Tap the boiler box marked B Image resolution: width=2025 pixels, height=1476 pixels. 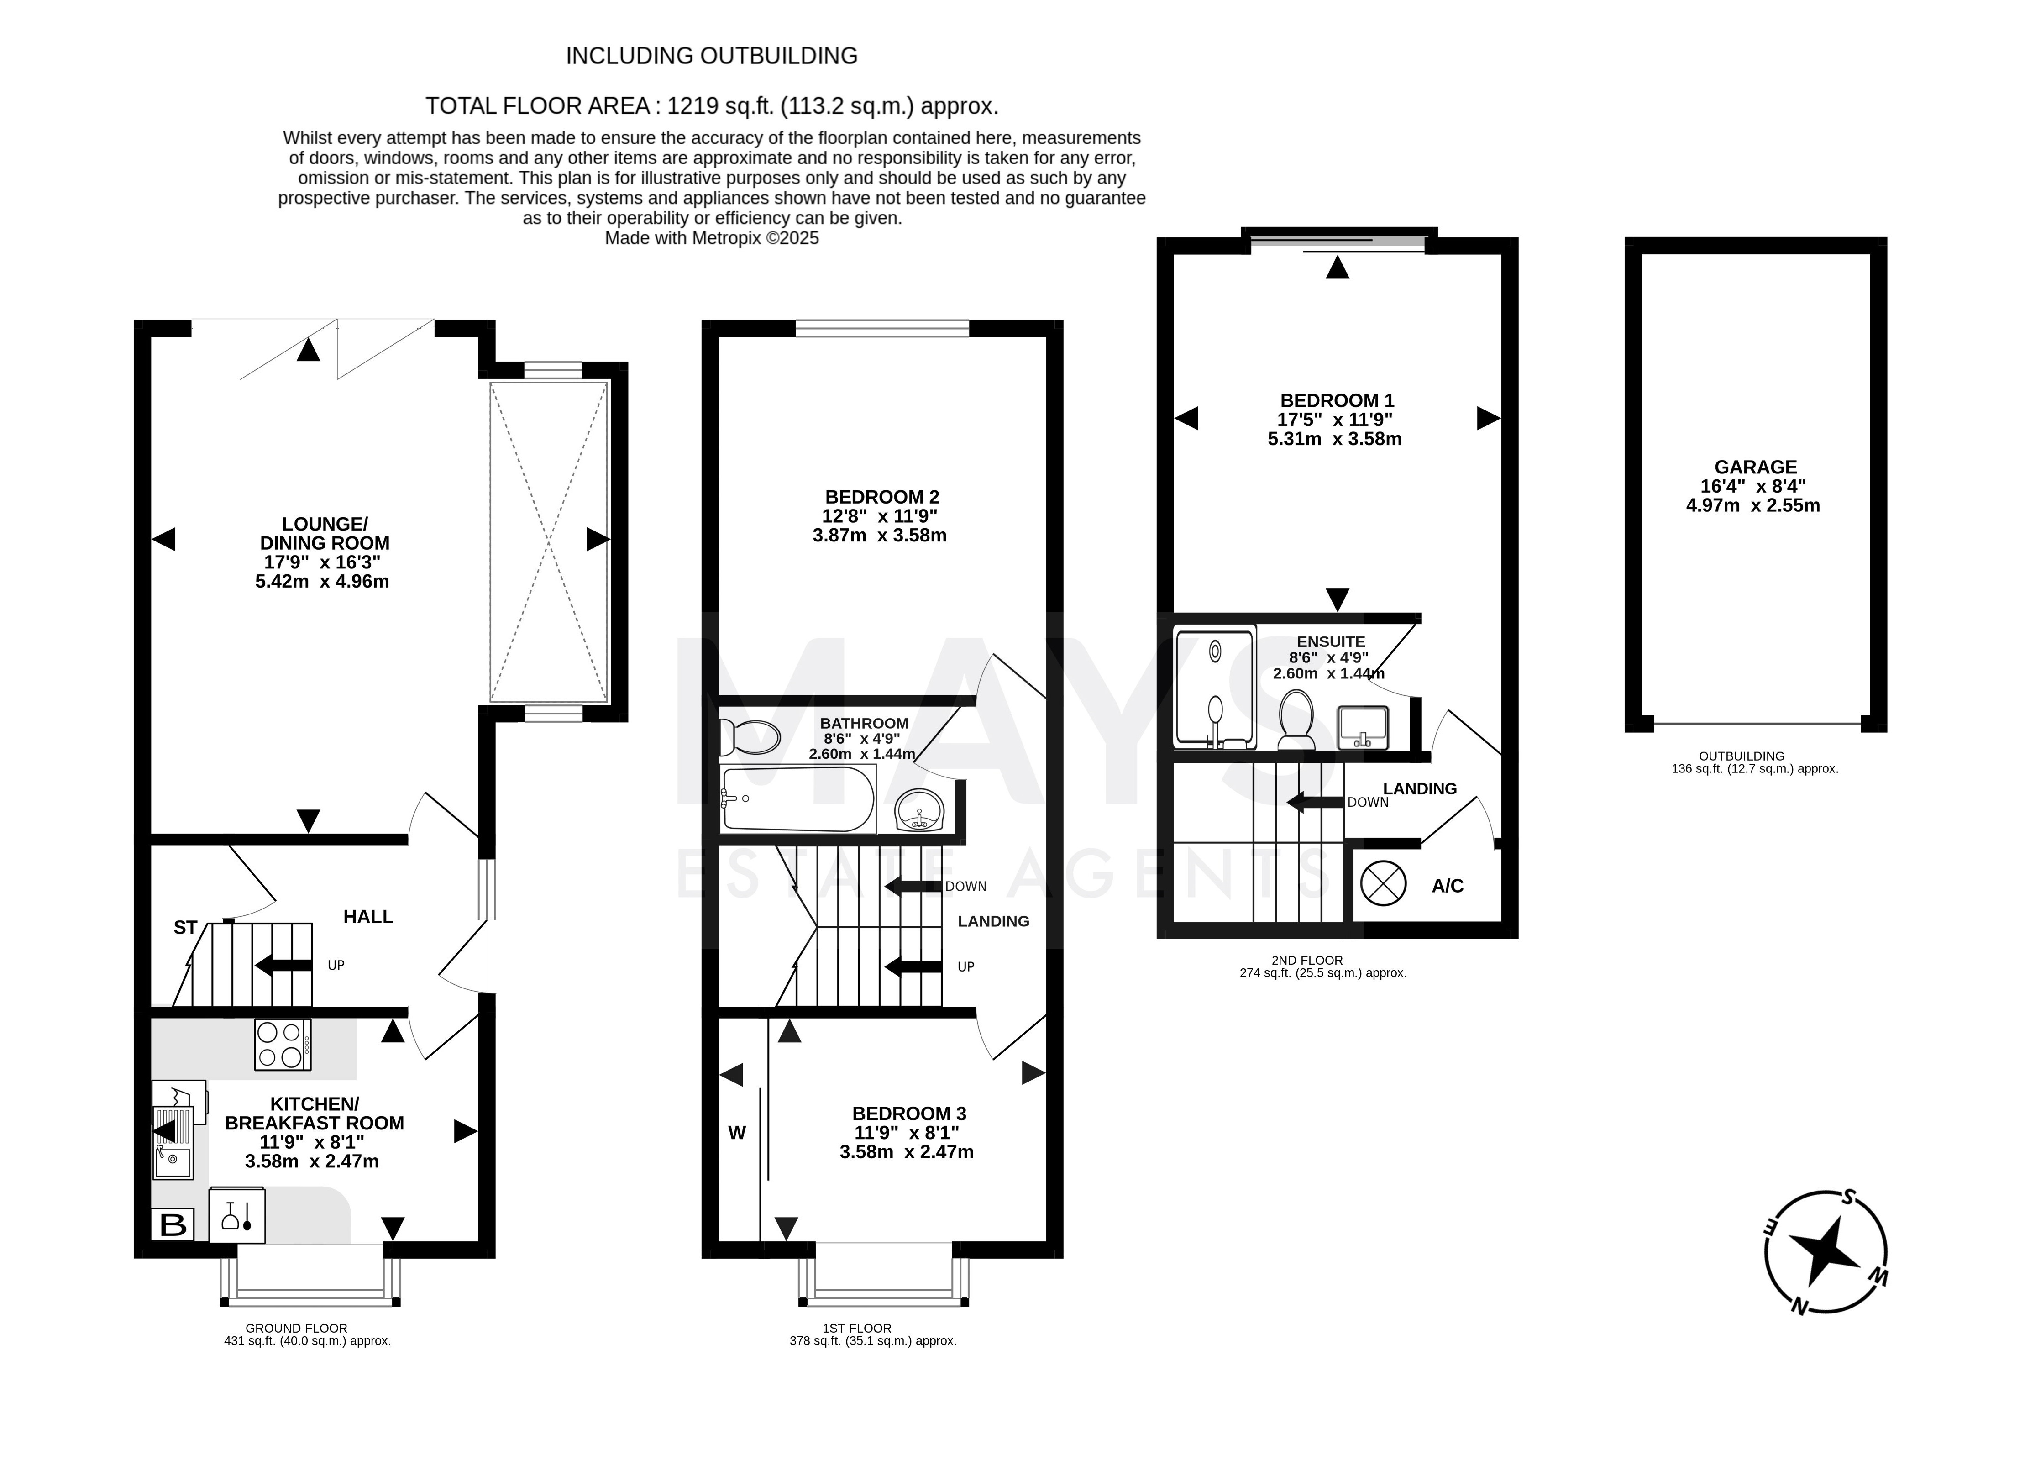173,1224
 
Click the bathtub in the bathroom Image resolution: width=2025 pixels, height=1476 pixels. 797,800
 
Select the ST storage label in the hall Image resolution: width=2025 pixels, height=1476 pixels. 185,927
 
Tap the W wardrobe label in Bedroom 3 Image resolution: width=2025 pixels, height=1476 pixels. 737,1133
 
